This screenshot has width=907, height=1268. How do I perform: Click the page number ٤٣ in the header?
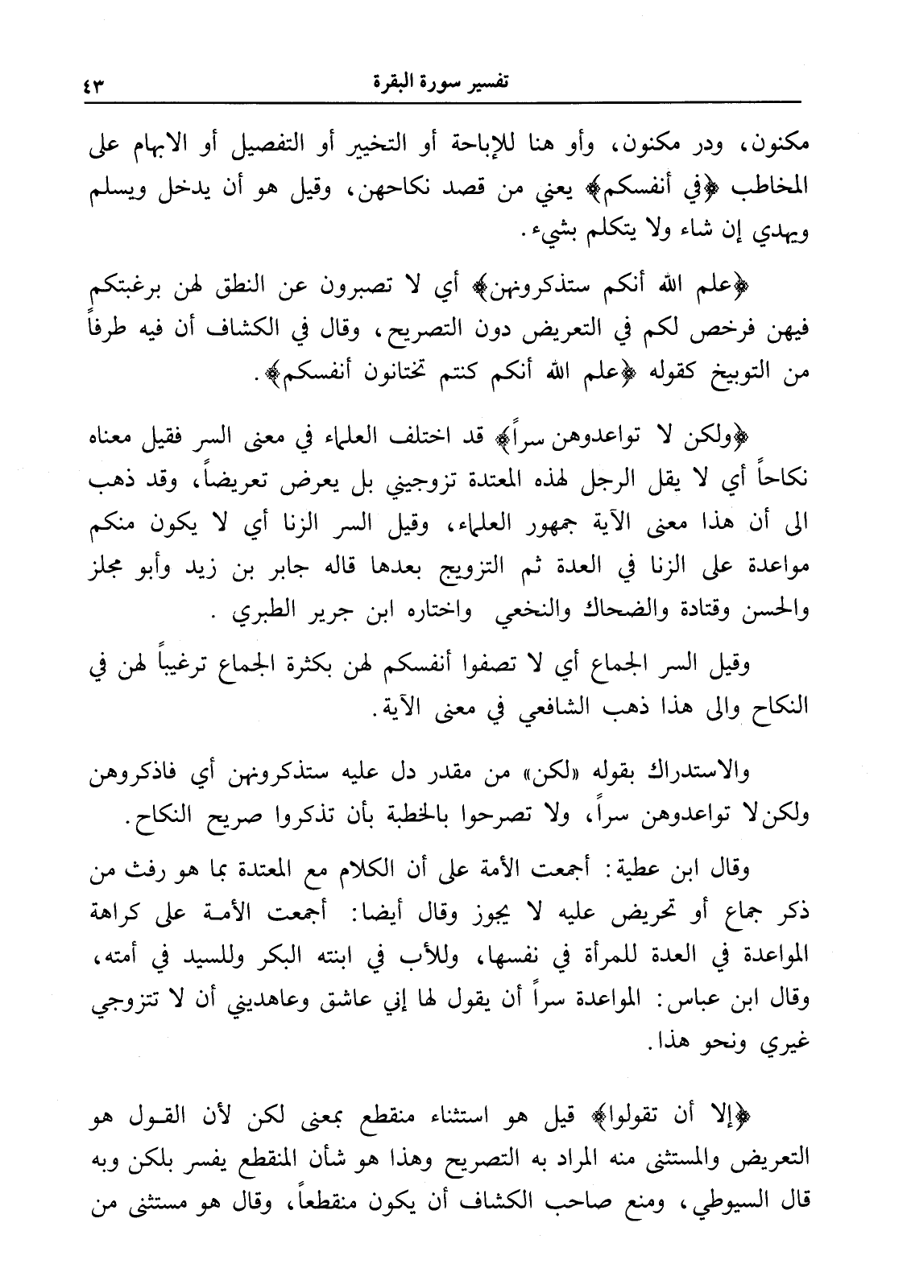[x=96, y=83]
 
